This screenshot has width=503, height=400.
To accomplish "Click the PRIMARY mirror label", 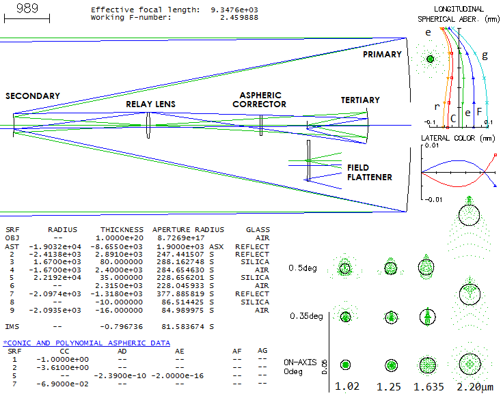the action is point(382,55).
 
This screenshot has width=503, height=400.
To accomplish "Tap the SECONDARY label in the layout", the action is point(33,96).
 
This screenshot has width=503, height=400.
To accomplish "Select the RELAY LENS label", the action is point(150,104).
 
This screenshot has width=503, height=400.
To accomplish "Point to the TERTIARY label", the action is point(360,100).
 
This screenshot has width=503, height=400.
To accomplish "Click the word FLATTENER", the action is point(370,177).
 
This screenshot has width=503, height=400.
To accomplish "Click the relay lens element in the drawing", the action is point(148,126).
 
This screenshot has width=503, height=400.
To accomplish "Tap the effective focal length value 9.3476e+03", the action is point(234,10).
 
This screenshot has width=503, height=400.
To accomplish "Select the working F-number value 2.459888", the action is point(239,18).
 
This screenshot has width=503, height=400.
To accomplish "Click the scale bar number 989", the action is point(27,8).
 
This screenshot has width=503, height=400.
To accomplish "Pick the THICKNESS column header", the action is point(122,230).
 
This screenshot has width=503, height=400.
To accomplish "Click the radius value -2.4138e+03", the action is point(55,254).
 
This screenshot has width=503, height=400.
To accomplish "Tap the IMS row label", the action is point(12,326).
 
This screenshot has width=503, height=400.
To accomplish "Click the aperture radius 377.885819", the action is point(180,294).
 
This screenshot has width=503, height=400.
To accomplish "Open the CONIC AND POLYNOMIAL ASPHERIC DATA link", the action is point(87,343).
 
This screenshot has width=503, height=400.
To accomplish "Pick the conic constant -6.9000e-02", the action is point(63,384).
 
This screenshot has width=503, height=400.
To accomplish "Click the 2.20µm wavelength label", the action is point(475,387).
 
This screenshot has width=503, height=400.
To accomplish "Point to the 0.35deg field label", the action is point(306,316).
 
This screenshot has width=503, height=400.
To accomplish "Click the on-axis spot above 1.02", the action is point(346,365).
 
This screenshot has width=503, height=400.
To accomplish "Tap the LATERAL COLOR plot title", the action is point(458,138).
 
